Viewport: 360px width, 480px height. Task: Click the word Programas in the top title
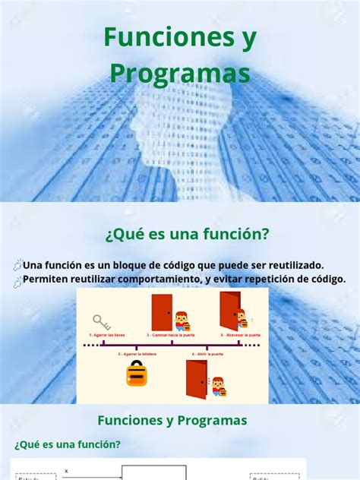(x=179, y=73)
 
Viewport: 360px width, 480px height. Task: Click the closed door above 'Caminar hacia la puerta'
(x=162, y=312)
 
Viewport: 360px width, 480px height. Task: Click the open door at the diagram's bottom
(x=196, y=378)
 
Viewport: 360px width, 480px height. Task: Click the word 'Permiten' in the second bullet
(x=46, y=279)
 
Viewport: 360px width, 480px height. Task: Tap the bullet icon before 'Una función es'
(x=17, y=265)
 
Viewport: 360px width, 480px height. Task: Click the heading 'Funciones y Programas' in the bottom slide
(x=172, y=420)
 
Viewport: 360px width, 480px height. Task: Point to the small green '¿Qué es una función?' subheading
(x=67, y=444)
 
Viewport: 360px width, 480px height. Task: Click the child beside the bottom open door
(x=217, y=386)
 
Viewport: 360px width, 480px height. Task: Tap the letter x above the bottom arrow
(x=66, y=470)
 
